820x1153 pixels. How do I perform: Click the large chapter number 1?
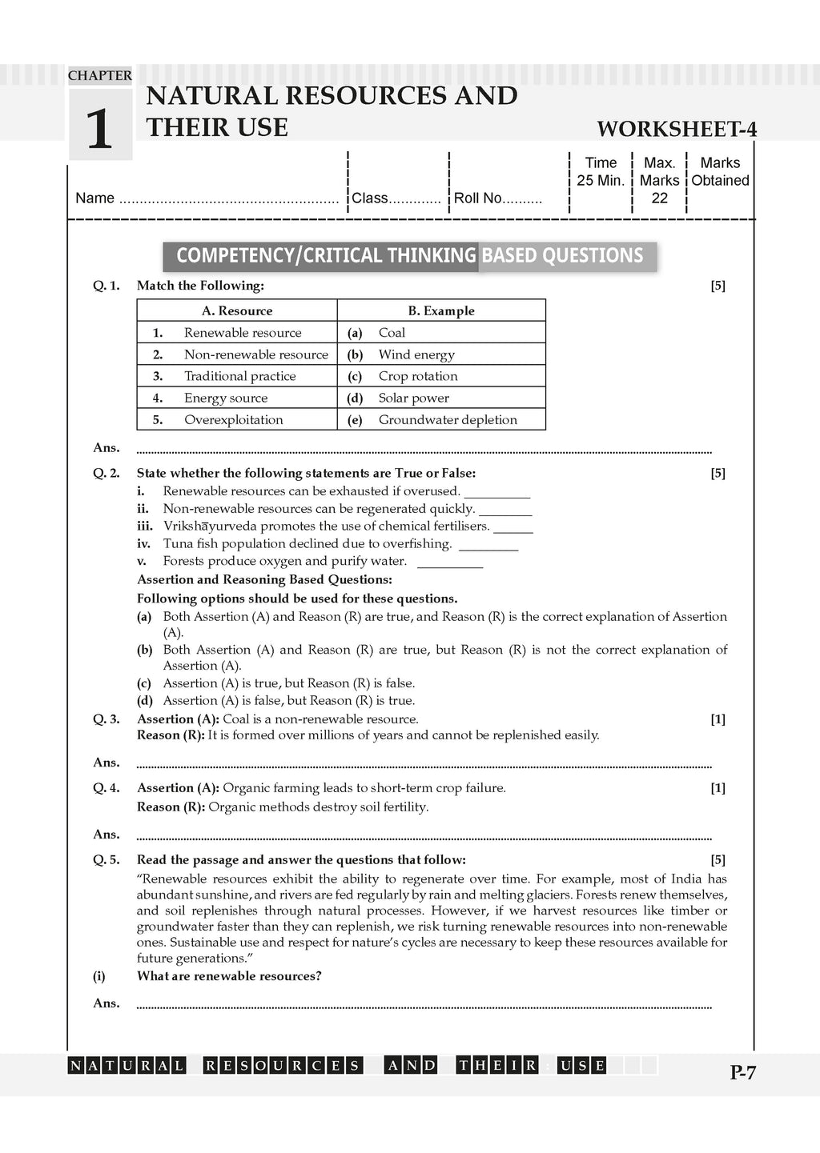99,129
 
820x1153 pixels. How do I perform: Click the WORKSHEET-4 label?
677,130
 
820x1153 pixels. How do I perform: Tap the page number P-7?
742,1073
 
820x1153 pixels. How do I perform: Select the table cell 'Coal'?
392,333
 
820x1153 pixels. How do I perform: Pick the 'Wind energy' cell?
416,354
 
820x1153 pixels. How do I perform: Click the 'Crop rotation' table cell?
418,376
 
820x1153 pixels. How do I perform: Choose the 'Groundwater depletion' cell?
448,419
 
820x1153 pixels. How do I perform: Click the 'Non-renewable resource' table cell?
256,354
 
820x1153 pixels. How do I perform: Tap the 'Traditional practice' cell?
240,376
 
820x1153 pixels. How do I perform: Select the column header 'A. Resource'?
237,310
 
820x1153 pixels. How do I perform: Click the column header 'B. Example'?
441,310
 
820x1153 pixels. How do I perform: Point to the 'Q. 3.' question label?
107,719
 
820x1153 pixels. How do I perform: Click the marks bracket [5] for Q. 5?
717,859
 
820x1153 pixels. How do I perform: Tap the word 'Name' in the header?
94,198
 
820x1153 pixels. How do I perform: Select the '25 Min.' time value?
601,181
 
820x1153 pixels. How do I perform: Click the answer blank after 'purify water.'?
450,562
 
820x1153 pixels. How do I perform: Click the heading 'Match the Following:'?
200,286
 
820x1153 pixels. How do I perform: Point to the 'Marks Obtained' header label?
720,172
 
